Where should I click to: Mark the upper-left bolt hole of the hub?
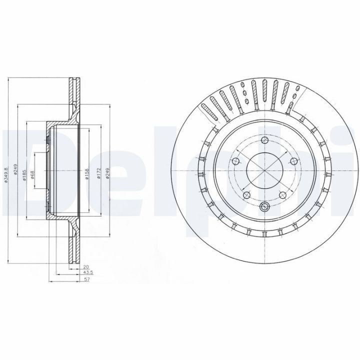pos(236,161)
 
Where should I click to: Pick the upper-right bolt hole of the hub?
pos(294,161)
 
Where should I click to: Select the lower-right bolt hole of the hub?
pos(283,194)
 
